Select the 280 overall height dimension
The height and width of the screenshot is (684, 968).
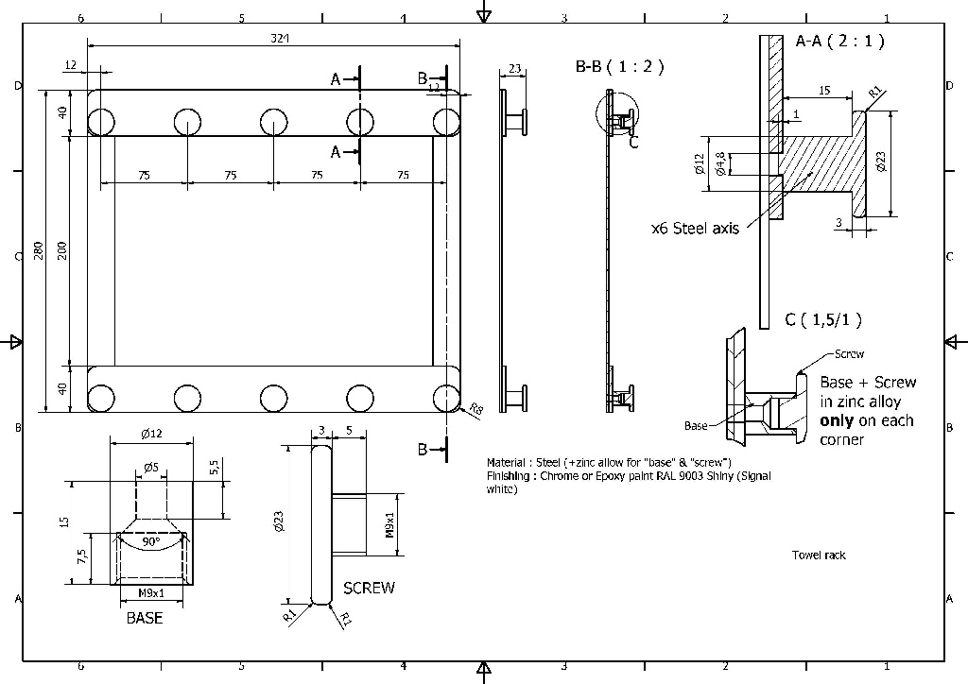[x=39, y=250]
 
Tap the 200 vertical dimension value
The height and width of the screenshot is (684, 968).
[x=62, y=250]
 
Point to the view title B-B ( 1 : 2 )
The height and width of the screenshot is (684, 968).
[x=619, y=67]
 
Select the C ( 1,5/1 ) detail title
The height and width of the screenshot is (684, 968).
[x=822, y=320]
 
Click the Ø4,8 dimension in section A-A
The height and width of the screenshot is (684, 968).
[x=721, y=164]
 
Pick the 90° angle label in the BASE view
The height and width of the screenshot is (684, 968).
[x=150, y=543]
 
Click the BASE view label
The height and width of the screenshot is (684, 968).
[x=145, y=619]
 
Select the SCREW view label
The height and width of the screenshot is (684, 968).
[x=369, y=589]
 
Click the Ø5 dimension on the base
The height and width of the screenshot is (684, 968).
[x=150, y=467]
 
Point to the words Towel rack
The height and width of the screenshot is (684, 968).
[x=819, y=556]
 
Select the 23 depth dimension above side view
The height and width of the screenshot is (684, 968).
[x=514, y=68]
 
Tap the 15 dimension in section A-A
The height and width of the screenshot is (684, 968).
[x=823, y=91]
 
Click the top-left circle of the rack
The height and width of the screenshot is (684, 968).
[x=102, y=122]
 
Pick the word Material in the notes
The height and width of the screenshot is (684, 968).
[x=507, y=463]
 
